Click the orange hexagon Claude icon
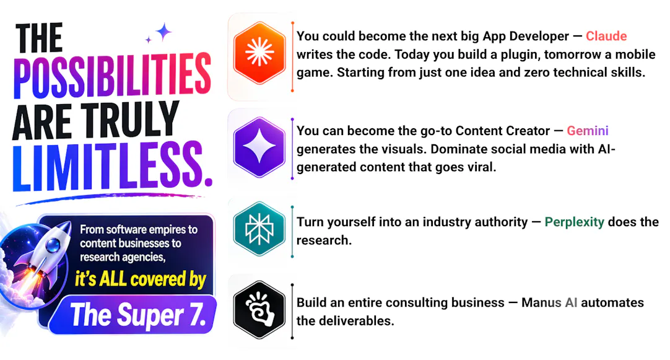259,53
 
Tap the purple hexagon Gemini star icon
259,147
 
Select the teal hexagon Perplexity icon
259,229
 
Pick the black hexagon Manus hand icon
259,310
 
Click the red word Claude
606,37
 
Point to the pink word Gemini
588,131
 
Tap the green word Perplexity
574,222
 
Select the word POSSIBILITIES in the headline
112,76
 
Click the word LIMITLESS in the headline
112,166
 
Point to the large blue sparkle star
163,32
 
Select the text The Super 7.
138,315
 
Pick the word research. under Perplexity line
324,240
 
